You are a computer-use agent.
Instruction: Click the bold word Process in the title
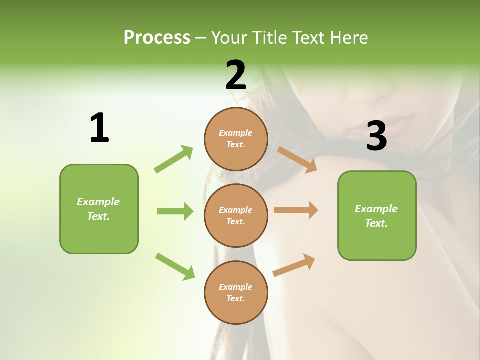coord(157,38)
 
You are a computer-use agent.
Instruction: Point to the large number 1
coord(99,128)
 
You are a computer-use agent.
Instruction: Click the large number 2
coord(236,75)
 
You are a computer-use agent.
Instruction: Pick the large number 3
coord(376,136)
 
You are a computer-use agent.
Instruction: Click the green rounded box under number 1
coord(99,209)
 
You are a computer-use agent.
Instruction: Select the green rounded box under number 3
coord(377,215)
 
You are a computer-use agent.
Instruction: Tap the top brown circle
coord(236,139)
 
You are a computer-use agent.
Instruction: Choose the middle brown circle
coord(236,215)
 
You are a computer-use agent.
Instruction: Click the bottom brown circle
coord(236,292)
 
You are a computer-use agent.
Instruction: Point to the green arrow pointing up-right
coord(174,159)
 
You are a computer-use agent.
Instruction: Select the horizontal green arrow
coord(175,211)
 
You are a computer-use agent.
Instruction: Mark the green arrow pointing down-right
coord(175,266)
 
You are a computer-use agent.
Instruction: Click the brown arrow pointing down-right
coord(297,160)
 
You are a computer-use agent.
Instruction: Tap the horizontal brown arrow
coord(296,210)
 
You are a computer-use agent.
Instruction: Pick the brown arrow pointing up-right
coord(294,265)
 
